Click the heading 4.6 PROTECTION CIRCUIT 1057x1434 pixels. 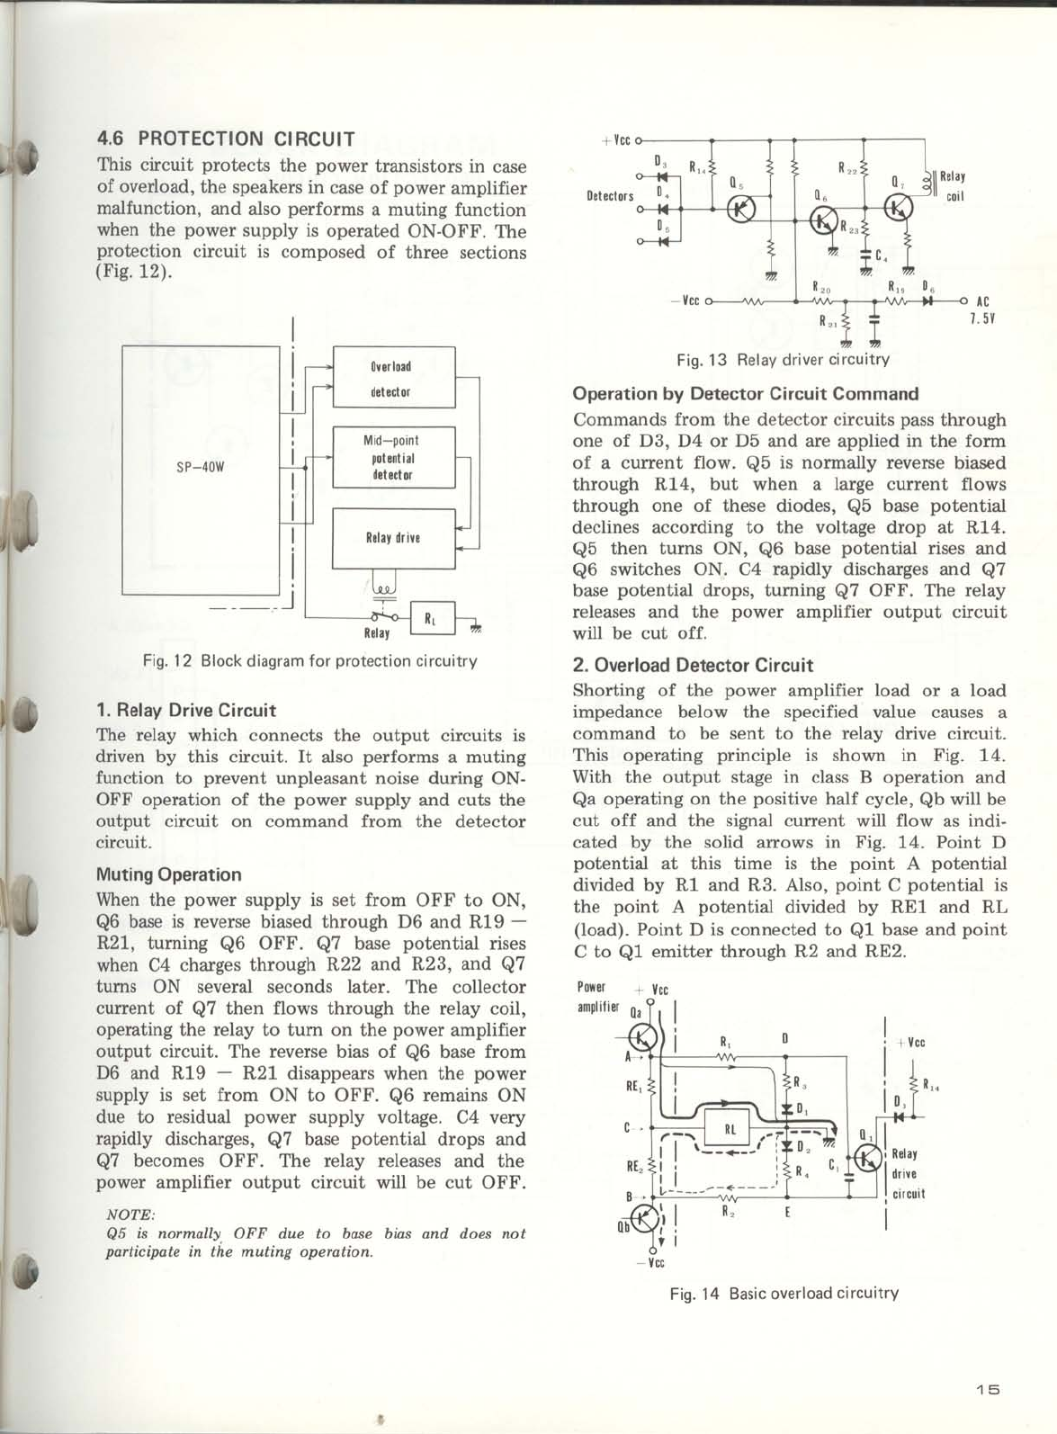[226, 139]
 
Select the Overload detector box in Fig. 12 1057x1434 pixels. [394, 379]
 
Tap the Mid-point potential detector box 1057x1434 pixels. [394, 457]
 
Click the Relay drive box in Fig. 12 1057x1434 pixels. [394, 538]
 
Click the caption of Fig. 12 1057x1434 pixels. [309, 661]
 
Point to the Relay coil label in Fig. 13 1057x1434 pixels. [953, 187]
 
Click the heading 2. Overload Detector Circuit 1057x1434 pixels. [693, 666]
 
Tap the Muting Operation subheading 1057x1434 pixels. [168, 874]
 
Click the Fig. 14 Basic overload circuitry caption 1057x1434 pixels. [784, 1294]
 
